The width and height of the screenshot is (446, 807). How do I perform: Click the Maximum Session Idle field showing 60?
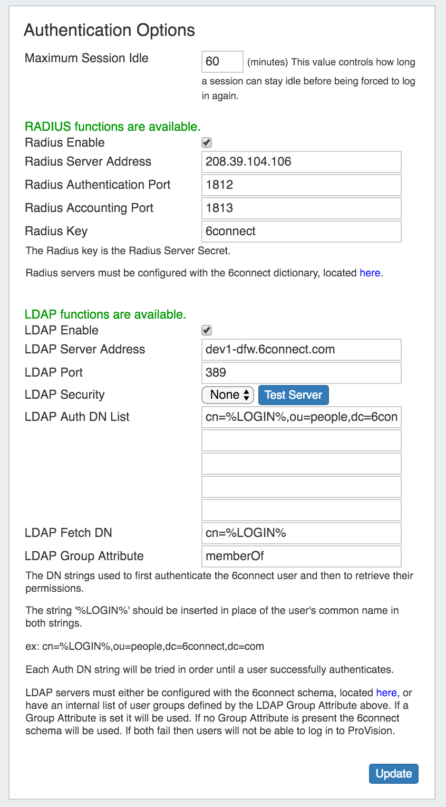[222, 62]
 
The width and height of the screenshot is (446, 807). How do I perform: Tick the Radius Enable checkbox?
[207, 142]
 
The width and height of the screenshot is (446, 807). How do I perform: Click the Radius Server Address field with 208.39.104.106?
[301, 162]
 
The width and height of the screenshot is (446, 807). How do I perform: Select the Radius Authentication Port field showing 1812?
[301, 185]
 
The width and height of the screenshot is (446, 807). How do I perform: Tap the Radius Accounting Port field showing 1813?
[301, 208]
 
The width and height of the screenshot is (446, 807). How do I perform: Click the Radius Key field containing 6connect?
[301, 232]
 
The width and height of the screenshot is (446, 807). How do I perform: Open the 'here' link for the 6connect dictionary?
[370, 273]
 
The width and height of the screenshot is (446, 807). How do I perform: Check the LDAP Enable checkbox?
[207, 330]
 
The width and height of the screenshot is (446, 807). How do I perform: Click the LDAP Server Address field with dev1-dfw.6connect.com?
[301, 350]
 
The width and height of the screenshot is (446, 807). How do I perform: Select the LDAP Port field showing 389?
[301, 373]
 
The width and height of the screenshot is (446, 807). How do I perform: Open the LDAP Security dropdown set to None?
[228, 395]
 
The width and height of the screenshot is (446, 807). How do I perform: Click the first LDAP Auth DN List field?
[301, 417]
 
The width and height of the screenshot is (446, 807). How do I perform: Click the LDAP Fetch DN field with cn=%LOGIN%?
[301, 533]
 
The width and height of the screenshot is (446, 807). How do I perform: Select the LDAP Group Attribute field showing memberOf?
[301, 556]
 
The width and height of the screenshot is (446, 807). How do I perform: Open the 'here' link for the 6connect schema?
[386, 693]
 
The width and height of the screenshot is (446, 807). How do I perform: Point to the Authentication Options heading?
[110, 31]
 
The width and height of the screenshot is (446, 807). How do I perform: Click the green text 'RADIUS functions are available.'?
[113, 127]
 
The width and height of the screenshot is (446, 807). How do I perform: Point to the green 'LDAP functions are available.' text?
[105, 315]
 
